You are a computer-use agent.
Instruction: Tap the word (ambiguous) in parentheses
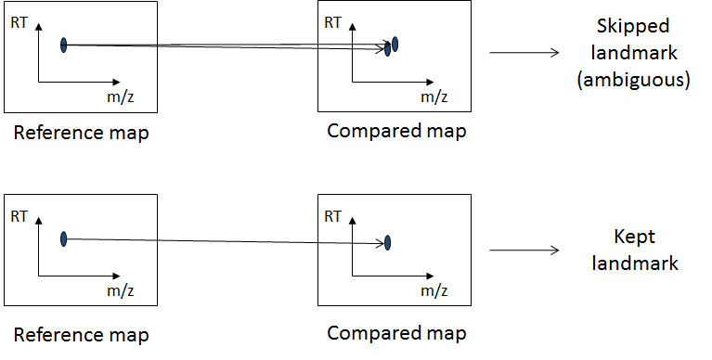(x=633, y=81)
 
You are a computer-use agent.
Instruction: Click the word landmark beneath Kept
(x=633, y=263)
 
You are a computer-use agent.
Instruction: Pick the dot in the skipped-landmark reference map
(x=64, y=45)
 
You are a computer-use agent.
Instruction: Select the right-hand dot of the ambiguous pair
(x=395, y=44)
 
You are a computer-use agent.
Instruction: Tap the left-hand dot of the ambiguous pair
(x=387, y=49)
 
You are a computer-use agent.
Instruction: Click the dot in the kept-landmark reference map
(x=64, y=239)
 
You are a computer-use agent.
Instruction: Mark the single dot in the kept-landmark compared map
(x=387, y=243)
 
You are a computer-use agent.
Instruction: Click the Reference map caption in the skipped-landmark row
(x=82, y=133)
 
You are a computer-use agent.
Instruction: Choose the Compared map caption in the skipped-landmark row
(x=396, y=131)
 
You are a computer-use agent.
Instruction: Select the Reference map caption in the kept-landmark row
(x=82, y=334)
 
